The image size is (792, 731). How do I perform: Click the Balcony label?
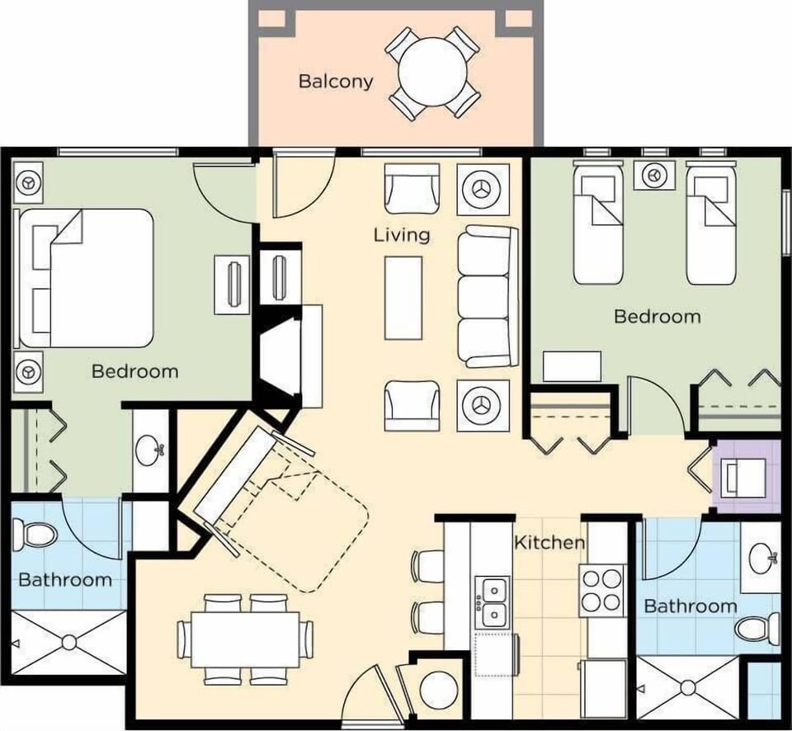tap(335, 81)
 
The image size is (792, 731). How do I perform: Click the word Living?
tap(402, 235)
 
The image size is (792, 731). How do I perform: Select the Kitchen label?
tap(549, 543)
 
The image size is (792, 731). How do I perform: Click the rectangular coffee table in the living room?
tap(403, 297)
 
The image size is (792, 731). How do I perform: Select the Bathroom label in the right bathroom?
tap(690, 606)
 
